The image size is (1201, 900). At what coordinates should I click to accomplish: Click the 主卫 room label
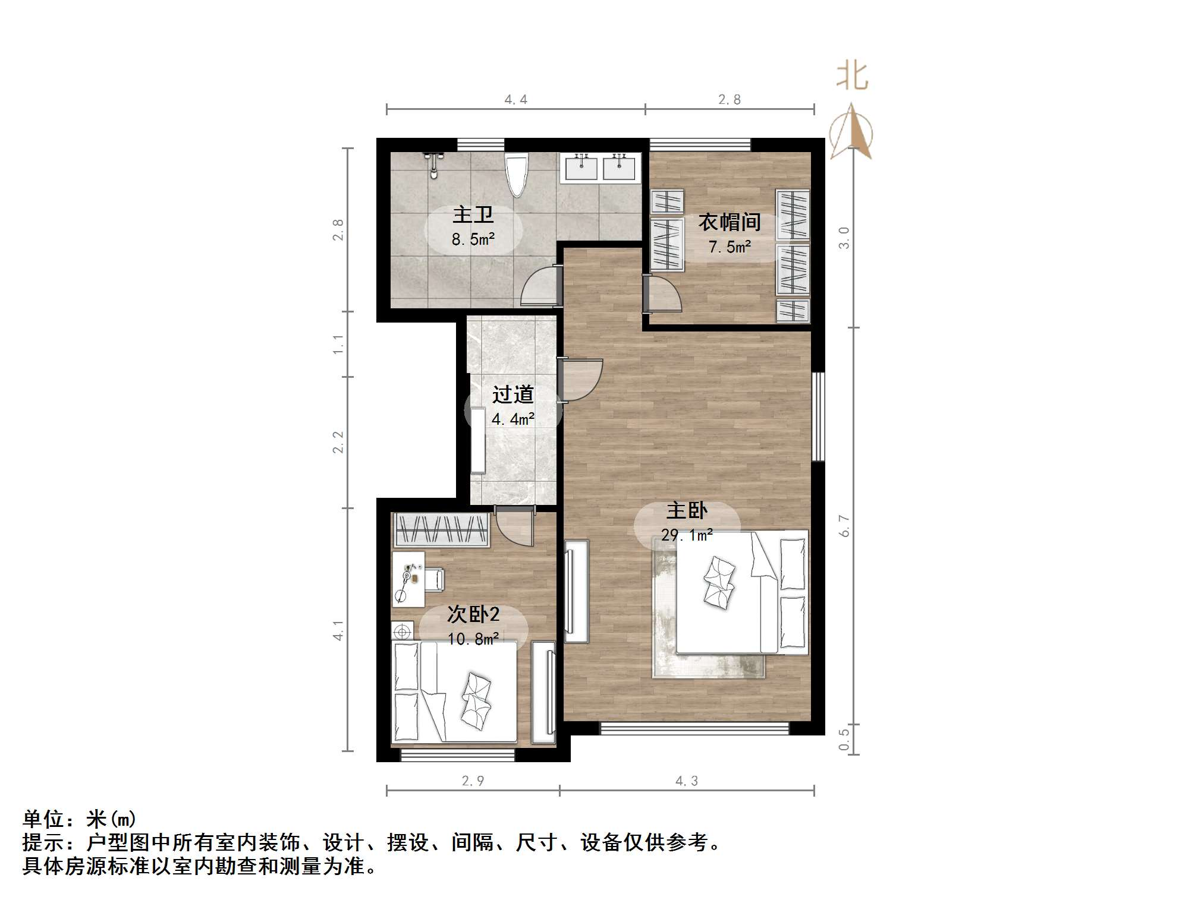473,214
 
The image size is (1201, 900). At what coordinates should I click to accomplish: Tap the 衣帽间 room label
730,222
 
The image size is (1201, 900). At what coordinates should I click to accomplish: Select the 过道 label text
513,394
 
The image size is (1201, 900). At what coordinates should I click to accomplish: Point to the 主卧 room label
687,510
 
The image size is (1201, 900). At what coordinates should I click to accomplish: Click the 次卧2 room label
473,614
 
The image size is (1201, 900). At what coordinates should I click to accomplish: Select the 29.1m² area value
687,535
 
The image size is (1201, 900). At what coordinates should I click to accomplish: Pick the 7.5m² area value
730,247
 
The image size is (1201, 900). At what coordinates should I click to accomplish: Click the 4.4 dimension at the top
515,100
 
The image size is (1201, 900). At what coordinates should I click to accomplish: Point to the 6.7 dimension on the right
844,526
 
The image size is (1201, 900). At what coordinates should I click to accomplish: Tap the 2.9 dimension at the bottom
473,781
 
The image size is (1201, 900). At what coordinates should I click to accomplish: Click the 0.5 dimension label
844,740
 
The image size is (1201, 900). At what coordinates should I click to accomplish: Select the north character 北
851,77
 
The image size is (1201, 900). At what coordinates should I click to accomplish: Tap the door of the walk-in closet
663,294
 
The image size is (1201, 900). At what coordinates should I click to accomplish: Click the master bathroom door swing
540,288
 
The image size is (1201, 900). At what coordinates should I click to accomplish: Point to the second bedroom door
515,526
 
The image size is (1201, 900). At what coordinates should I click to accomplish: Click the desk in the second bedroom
408,579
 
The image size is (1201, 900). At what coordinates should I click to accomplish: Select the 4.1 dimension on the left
338,630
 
